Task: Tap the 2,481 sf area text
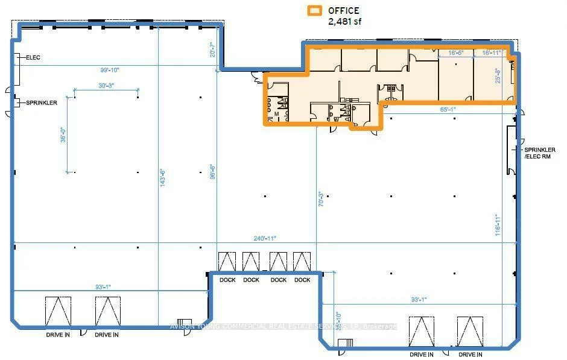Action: pyautogui.click(x=344, y=21)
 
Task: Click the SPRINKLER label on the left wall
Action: pyautogui.click(x=41, y=103)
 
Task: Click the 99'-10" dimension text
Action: pyautogui.click(x=110, y=70)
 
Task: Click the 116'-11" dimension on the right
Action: pyautogui.click(x=496, y=226)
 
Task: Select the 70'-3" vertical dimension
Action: pyautogui.click(x=321, y=200)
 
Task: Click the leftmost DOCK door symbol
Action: pyautogui.click(x=227, y=262)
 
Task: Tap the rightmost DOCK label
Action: pyautogui.click(x=302, y=280)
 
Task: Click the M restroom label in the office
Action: pyautogui.click(x=276, y=113)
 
